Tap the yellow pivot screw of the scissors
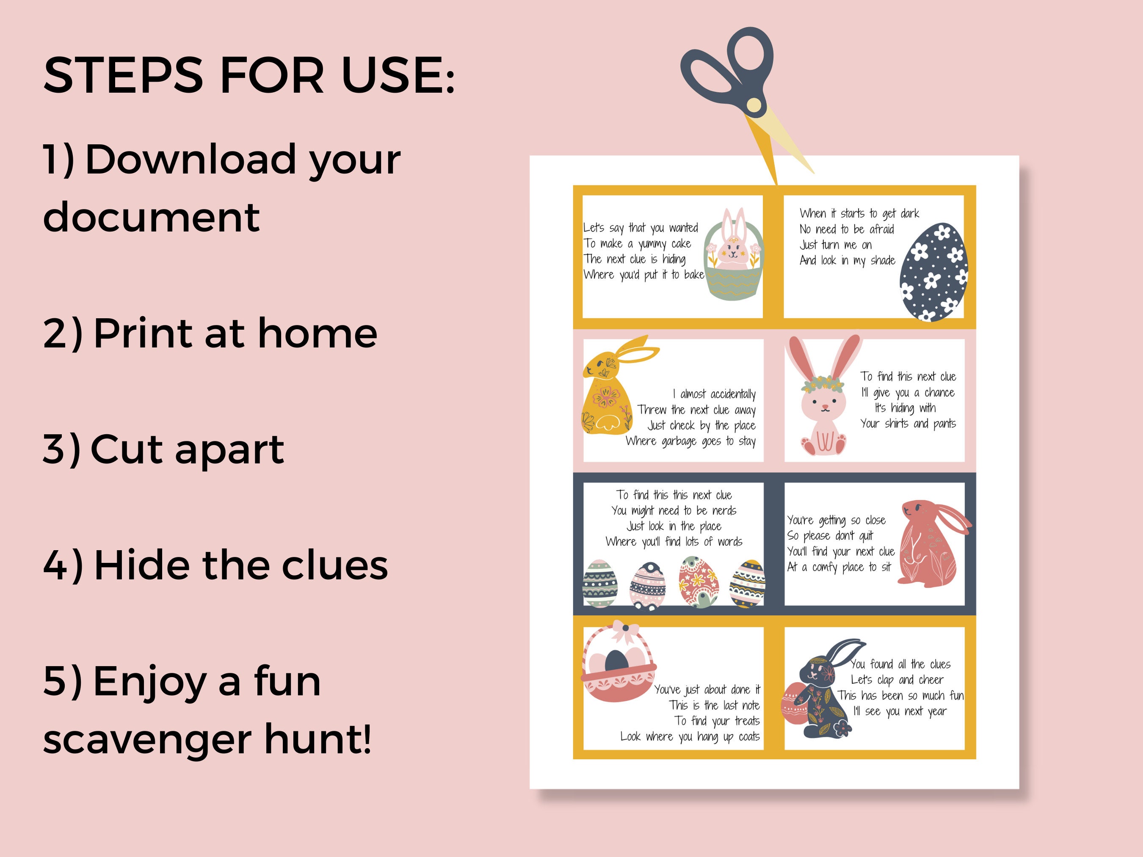point(754,105)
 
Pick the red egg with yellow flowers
point(698,582)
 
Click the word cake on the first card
point(681,243)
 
